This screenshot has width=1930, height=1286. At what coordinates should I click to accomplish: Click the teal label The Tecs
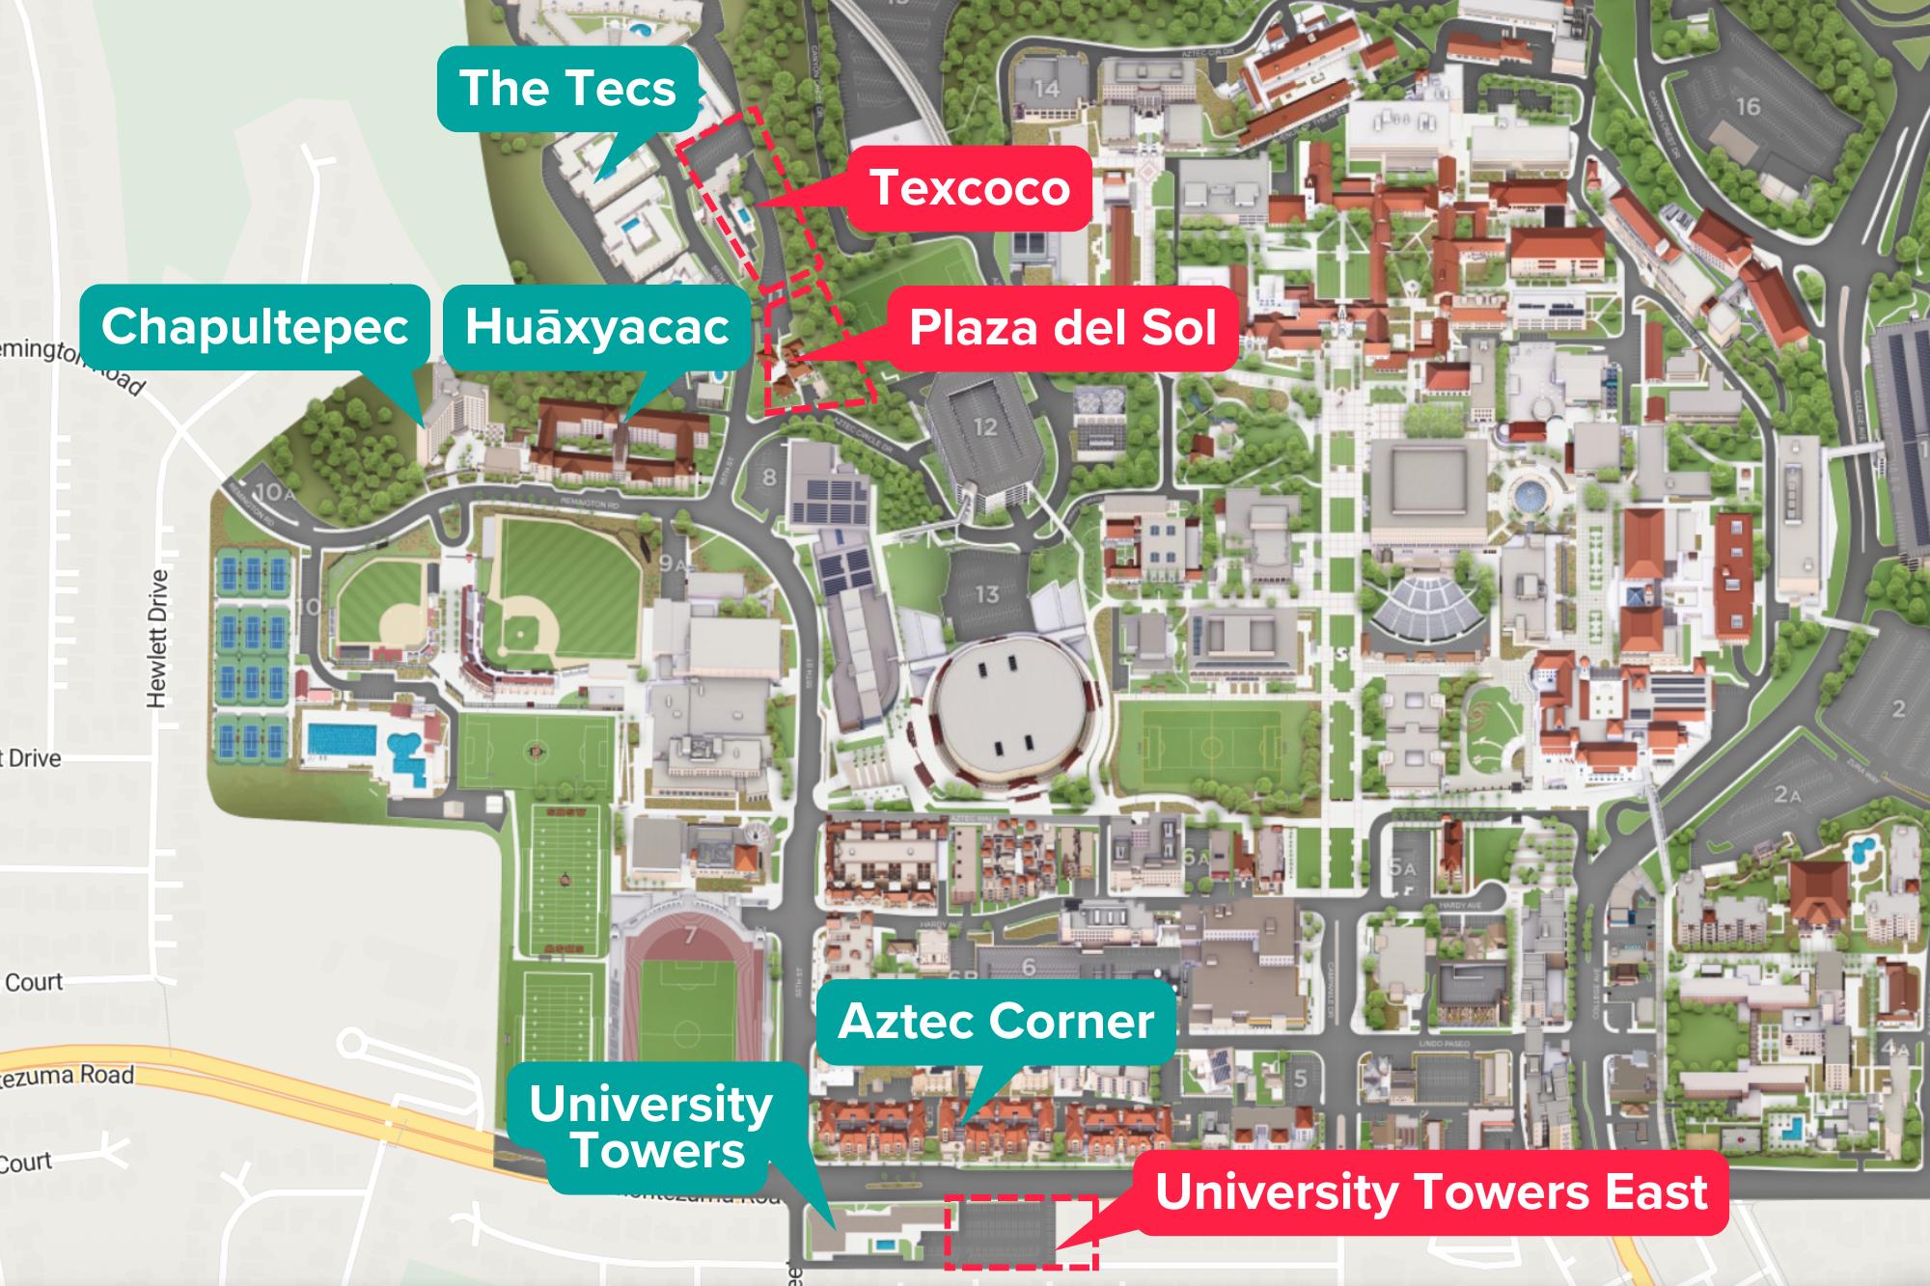(x=567, y=89)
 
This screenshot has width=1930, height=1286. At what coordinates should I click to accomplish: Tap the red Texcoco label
(x=969, y=188)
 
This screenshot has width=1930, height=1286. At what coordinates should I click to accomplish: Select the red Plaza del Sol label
(x=1062, y=329)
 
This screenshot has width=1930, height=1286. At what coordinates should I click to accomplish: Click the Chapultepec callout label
(x=255, y=327)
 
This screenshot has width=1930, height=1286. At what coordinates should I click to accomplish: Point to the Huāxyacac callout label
(x=596, y=327)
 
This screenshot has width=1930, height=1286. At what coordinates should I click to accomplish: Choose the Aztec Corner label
(x=996, y=1022)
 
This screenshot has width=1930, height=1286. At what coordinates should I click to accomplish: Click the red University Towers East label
(x=1431, y=1192)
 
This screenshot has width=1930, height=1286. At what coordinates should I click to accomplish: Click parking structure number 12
(x=984, y=426)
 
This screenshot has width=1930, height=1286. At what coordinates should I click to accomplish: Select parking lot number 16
(x=1748, y=106)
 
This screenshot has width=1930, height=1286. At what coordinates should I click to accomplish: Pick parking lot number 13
(x=986, y=593)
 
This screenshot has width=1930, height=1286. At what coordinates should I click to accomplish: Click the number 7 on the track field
(x=688, y=935)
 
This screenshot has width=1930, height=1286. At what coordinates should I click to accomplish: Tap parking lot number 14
(x=1046, y=90)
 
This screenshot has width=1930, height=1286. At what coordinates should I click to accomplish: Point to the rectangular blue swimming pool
(x=342, y=738)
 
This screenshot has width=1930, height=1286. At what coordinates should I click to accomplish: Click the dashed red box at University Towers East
(x=1020, y=1231)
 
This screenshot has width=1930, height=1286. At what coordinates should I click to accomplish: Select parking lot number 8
(x=769, y=477)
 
